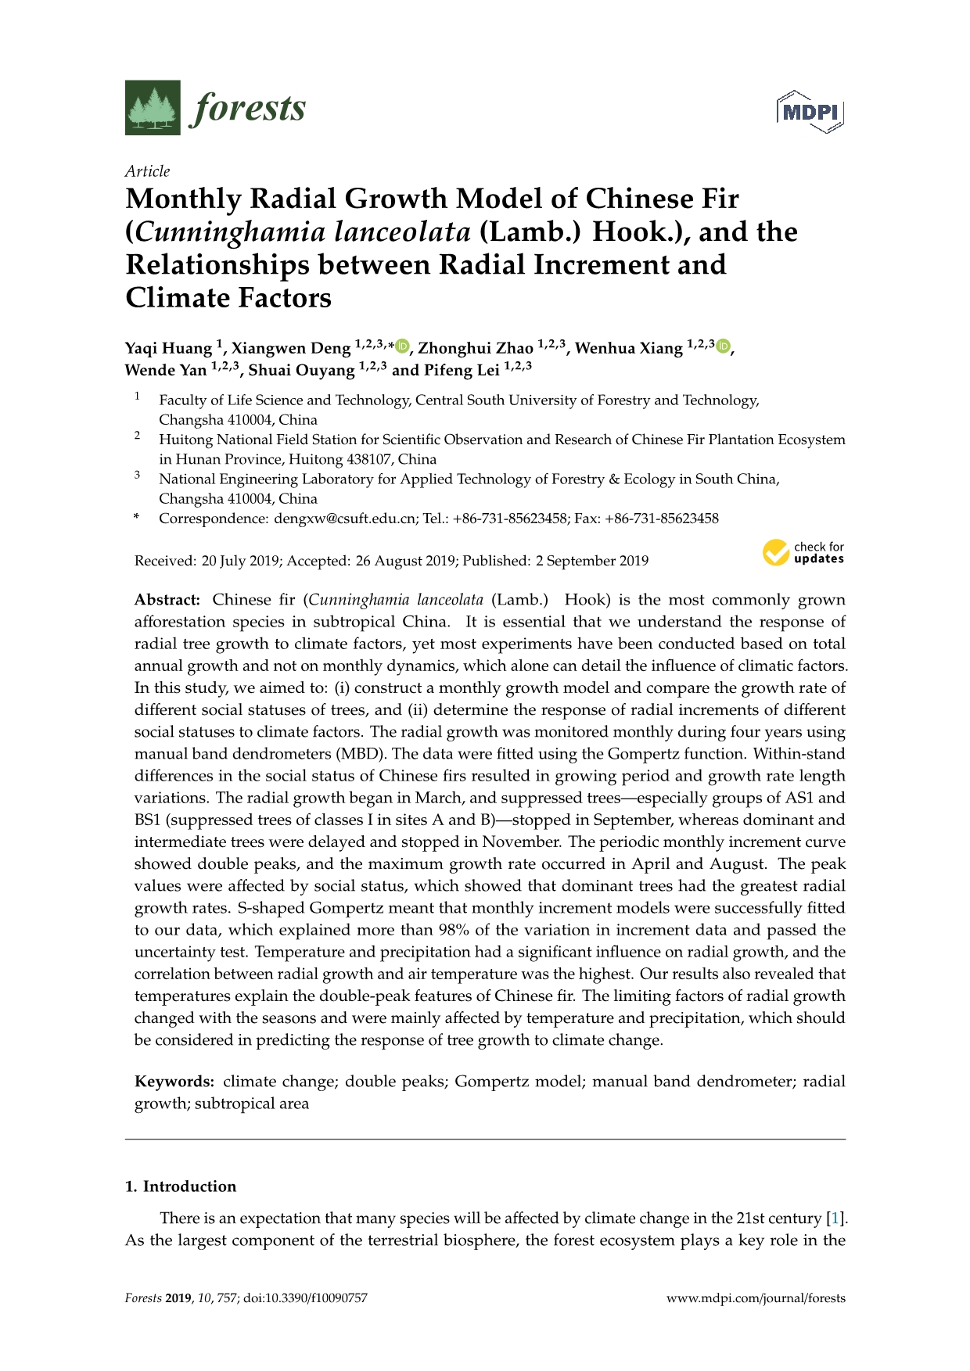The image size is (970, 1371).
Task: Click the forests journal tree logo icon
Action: pyautogui.click(x=153, y=108)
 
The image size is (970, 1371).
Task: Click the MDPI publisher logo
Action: pyautogui.click(x=810, y=112)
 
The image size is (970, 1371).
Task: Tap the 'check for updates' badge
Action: pyautogui.click(x=803, y=553)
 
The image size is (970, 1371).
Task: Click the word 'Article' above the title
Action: pyautogui.click(x=147, y=171)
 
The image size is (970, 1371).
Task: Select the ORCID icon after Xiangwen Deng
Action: pyautogui.click(x=402, y=346)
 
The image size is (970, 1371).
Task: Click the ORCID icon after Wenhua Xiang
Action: pyautogui.click(x=724, y=346)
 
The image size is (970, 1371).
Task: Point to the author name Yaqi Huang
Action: pyautogui.click(x=168, y=348)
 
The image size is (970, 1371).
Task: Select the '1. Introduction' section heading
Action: pyautogui.click(x=181, y=1186)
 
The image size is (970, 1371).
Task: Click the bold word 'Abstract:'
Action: pyautogui.click(x=167, y=600)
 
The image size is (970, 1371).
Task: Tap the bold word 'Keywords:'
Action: pyautogui.click(x=174, y=1082)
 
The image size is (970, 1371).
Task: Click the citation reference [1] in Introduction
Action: pyautogui.click(x=836, y=1218)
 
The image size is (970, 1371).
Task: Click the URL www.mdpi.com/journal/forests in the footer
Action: pyautogui.click(x=756, y=1298)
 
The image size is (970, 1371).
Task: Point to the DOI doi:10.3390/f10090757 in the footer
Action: pyautogui.click(x=305, y=1298)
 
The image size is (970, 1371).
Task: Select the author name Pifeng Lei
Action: pyautogui.click(x=462, y=370)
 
